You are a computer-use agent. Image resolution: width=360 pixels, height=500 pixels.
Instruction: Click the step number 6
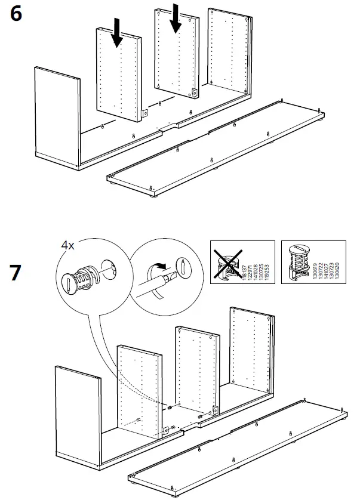coord(17,15)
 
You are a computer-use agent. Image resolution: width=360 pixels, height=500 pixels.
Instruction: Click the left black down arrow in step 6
coord(116,32)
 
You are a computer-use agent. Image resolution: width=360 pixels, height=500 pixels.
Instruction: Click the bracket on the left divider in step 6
coord(145,112)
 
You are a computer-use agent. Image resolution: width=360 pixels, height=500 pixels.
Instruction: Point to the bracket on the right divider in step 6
coord(195,92)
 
